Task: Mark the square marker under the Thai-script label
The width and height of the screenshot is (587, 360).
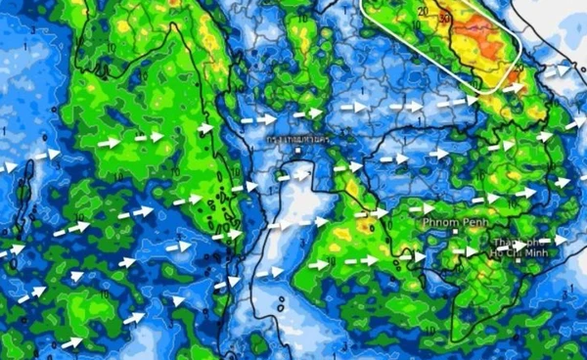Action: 299,152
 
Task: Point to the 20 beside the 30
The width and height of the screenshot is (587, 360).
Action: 423,12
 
